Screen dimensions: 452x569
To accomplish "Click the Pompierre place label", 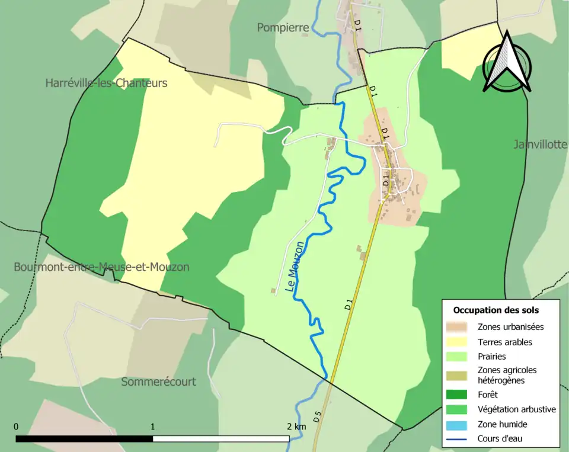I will coord(283,28).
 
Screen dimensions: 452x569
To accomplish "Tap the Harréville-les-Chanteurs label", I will coord(106,83).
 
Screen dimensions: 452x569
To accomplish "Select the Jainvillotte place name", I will coord(541,145).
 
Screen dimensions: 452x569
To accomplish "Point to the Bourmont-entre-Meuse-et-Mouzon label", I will coord(101,267).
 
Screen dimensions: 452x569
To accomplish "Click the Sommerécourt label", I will coord(158,382).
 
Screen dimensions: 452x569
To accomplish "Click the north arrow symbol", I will coord(506,63).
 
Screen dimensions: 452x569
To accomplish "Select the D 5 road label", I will coord(317,416).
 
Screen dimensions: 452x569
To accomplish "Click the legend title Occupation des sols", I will coord(496,310).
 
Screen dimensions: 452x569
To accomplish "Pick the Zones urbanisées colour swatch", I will coord(459,326).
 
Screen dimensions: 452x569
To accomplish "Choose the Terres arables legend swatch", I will coord(459,342).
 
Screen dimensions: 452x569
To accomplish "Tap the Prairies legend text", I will coord(491,357).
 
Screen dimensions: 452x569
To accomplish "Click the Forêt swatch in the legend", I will coord(459,395).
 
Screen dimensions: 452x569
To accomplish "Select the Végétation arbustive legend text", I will coord(516,409).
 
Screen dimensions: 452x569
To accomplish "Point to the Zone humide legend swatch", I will coord(459,424).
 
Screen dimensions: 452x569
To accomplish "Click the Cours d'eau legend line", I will coord(459,439).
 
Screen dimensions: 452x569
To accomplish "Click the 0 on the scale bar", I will coord(16,427).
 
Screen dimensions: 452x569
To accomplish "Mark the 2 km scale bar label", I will coord(296,427).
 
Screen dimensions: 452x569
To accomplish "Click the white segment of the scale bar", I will coord(221,439).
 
